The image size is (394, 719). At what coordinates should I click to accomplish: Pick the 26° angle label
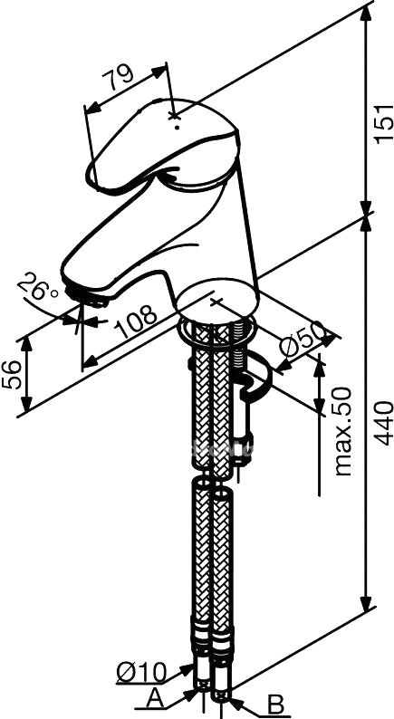(x=38, y=286)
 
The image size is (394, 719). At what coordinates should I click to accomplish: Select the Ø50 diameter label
(x=301, y=340)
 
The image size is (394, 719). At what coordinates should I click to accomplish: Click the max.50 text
(x=343, y=432)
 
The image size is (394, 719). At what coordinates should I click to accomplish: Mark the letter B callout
(x=275, y=705)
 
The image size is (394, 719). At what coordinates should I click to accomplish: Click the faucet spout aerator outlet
(x=87, y=297)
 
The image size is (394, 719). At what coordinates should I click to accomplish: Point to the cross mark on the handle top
(x=173, y=116)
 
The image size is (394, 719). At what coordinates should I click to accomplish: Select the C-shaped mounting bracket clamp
(x=254, y=375)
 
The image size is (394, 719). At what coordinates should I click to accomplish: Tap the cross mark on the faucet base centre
(x=216, y=301)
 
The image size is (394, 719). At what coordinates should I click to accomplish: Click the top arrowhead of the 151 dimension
(x=366, y=14)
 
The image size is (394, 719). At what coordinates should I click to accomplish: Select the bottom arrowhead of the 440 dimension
(x=366, y=603)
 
